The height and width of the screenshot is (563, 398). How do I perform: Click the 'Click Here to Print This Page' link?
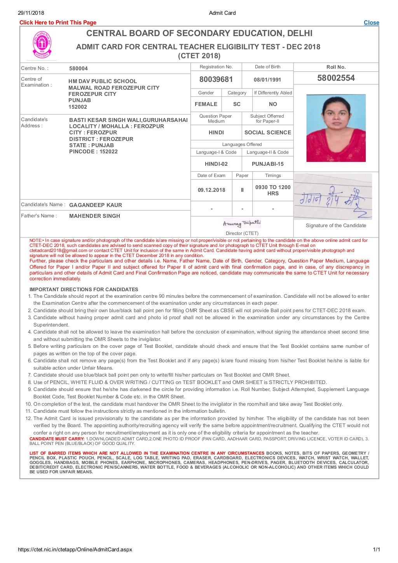(58, 23)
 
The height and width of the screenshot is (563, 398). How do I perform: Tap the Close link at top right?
(371, 23)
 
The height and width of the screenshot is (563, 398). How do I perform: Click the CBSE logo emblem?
(42, 45)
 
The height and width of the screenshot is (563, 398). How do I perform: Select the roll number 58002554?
(336, 78)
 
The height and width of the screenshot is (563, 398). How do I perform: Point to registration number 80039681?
(216, 80)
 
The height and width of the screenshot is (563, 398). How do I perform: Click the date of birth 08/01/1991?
(267, 80)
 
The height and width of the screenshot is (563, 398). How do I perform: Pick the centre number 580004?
(79, 68)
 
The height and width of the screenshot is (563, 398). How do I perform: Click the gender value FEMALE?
(206, 104)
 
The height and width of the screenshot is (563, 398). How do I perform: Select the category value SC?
(237, 104)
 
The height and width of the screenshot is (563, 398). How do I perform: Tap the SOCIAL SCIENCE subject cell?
(267, 132)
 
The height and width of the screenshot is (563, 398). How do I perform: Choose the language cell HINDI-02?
(216, 164)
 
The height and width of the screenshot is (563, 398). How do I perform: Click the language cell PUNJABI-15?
(267, 164)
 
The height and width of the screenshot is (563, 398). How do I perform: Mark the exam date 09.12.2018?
(211, 190)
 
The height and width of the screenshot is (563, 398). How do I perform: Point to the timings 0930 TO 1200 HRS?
(273, 190)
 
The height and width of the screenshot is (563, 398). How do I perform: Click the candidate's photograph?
(336, 128)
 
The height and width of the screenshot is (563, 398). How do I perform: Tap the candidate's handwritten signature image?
(333, 197)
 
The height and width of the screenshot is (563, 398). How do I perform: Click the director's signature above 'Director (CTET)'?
(242, 223)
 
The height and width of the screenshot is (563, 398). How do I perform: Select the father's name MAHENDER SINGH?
(94, 216)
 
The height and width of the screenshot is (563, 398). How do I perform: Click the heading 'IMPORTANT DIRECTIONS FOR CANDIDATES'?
(84, 289)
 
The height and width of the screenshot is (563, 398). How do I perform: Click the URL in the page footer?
(75, 549)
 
